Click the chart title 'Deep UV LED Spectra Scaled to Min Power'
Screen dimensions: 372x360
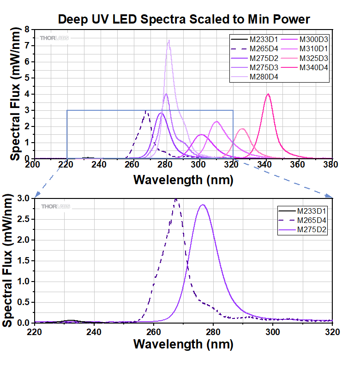click(184, 19)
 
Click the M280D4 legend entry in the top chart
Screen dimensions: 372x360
click(264, 77)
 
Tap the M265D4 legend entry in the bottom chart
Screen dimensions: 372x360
click(312, 220)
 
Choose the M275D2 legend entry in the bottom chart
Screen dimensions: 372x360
click(312, 229)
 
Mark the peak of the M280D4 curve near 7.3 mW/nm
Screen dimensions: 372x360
click(169, 40)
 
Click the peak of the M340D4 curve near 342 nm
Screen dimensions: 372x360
click(268, 94)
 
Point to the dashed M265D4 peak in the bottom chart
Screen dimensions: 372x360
click(175, 199)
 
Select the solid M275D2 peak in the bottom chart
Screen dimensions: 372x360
click(202, 205)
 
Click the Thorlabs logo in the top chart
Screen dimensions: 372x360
click(54, 38)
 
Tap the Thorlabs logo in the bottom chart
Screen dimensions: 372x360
click(55, 207)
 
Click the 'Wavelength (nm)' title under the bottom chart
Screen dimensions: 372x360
click(183, 344)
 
